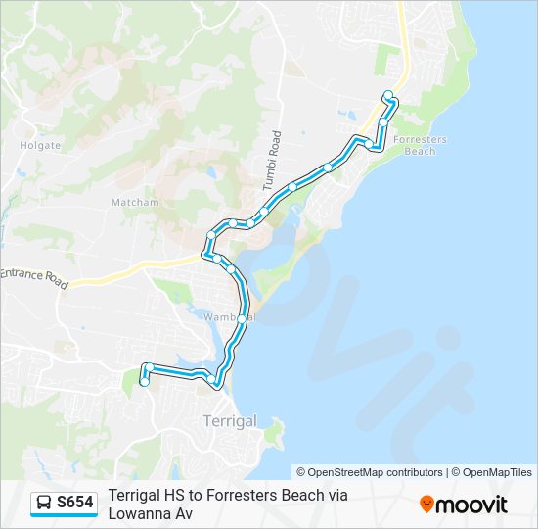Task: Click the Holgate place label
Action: [40, 145]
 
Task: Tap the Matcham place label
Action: [135, 203]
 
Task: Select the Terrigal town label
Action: [229, 421]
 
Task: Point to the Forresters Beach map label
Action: [420, 145]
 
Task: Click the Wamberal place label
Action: [229, 317]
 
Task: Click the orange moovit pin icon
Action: [427, 505]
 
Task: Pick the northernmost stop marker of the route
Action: [388, 95]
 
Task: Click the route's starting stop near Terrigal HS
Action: [145, 383]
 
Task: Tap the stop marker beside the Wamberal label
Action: [241, 319]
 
